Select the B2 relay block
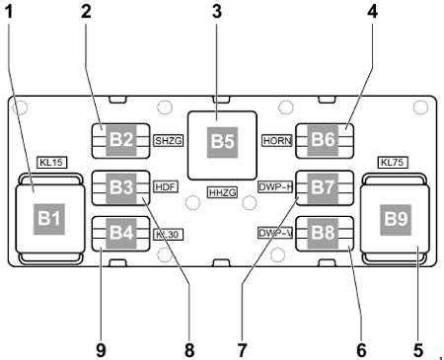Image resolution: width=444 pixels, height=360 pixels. pyautogui.click(x=120, y=140)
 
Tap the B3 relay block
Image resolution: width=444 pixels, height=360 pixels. pyautogui.click(x=120, y=186)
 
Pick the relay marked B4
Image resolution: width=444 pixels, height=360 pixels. pyautogui.click(x=120, y=234)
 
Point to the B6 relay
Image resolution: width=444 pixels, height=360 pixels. pyautogui.click(x=324, y=140)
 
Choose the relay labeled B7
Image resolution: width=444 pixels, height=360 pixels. pyautogui.click(x=324, y=186)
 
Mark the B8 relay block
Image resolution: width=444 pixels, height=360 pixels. pyautogui.click(x=324, y=234)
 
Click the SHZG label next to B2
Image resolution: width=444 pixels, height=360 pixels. pyautogui.click(x=169, y=141)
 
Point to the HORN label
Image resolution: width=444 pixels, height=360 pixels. pyautogui.click(x=276, y=141)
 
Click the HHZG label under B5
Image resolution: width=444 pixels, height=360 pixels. pyautogui.click(x=223, y=191)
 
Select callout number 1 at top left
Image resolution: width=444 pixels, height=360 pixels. pyautogui.click(x=12, y=12)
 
